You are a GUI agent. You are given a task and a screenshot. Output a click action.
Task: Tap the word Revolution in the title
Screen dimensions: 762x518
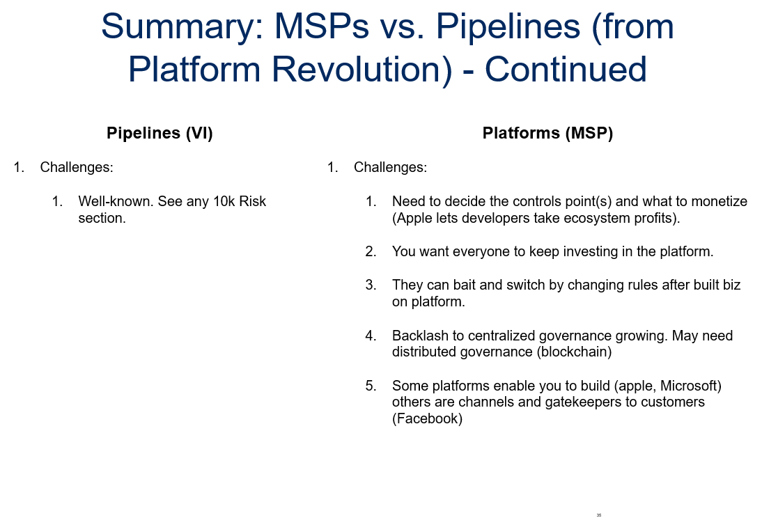pyautogui.click(x=362, y=70)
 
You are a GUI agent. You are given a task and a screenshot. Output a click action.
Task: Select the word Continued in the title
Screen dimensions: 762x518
pyautogui.click(x=566, y=70)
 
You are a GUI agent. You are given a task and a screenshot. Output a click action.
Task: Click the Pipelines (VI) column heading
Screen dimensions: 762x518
pyautogui.click(x=160, y=133)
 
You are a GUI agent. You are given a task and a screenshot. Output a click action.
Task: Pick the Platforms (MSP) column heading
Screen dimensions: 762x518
pyautogui.click(x=547, y=133)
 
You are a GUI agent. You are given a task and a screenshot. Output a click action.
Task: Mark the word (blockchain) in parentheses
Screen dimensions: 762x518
pyautogui.click(x=574, y=352)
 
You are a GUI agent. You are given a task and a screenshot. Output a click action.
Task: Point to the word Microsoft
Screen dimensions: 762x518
pyautogui.click(x=691, y=386)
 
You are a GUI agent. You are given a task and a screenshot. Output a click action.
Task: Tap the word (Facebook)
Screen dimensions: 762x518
pyautogui.click(x=427, y=419)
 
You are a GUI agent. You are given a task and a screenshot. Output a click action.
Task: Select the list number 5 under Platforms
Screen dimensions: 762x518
pyautogui.click(x=371, y=386)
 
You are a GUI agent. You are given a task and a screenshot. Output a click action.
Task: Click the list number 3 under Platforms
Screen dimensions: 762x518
pyautogui.click(x=371, y=285)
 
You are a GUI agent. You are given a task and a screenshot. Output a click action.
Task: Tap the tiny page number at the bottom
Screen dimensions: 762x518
pyautogui.click(x=599, y=515)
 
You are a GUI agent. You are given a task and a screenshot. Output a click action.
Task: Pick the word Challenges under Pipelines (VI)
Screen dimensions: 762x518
pyautogui.click(x=77, y=168)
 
